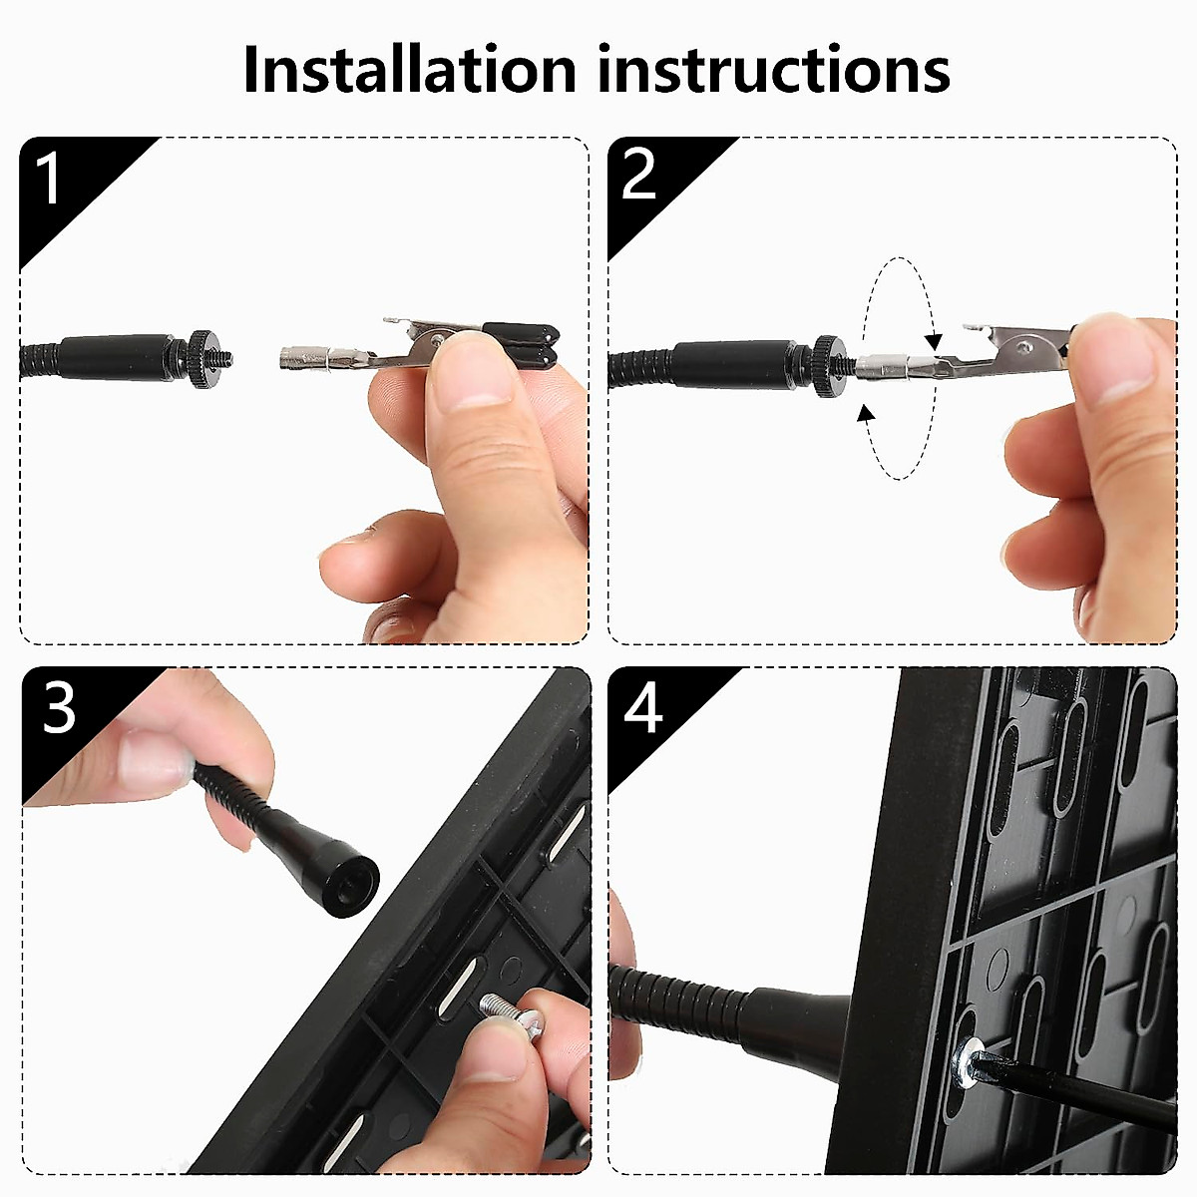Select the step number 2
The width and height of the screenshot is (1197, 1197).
638,175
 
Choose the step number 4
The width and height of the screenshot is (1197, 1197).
642,709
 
